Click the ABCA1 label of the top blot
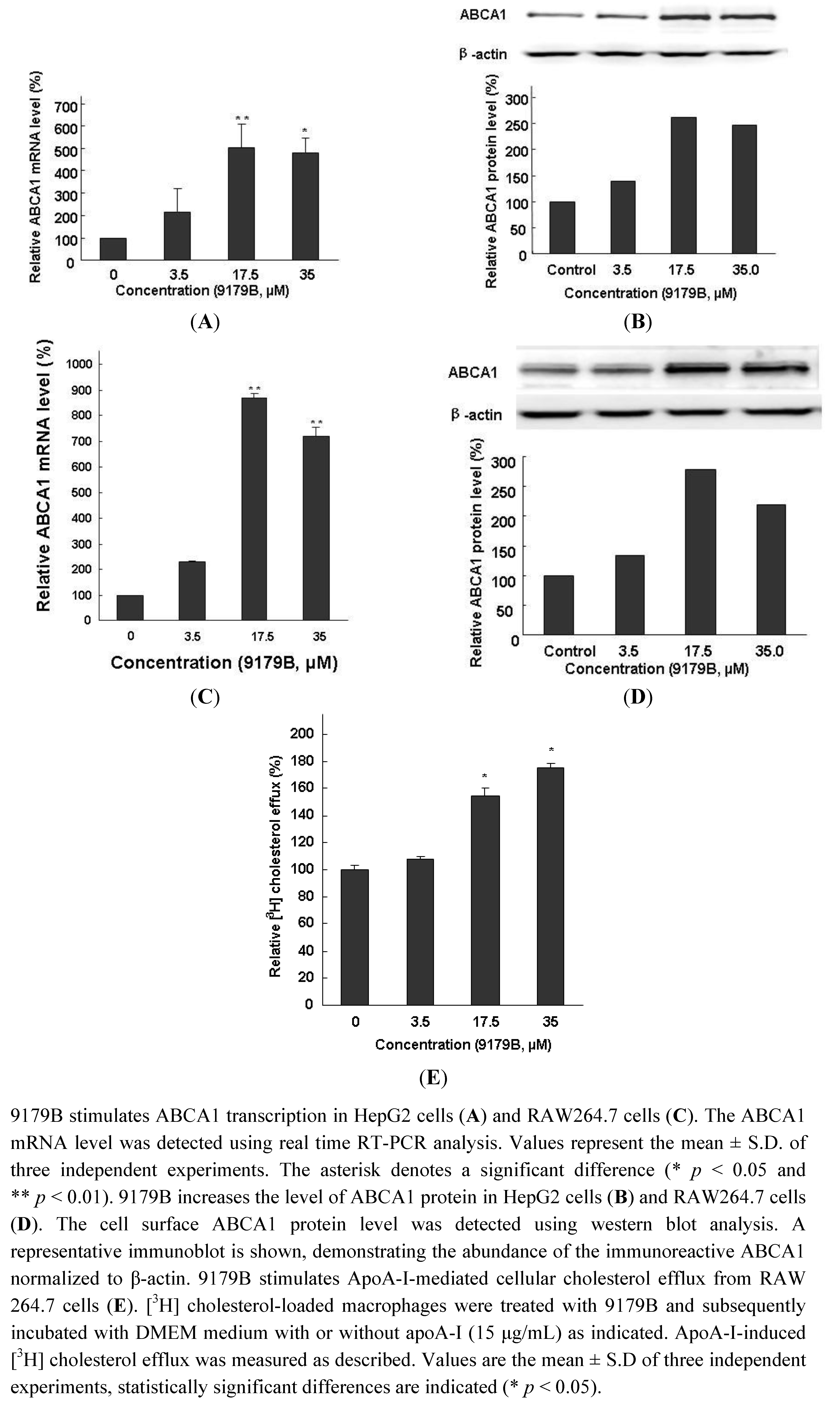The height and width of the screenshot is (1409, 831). pos(483,15)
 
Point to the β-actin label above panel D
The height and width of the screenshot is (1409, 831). pos(476,415)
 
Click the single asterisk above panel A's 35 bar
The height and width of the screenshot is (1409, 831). pos(304,130)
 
